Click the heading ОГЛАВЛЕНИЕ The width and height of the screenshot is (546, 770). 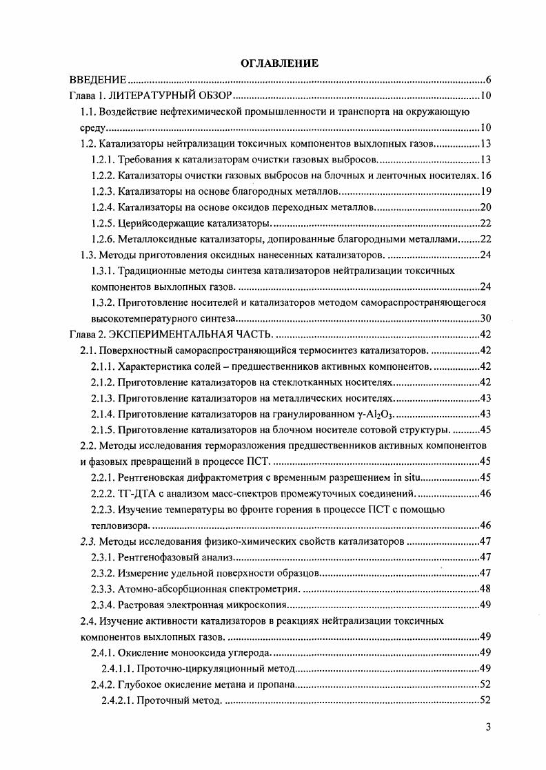coord(279,63)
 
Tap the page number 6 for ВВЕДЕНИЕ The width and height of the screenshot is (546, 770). coord(487,80)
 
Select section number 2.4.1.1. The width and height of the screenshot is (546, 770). coord(117,669)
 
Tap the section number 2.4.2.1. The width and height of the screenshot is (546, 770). coord(117,700)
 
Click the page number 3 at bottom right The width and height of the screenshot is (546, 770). coord(487,732)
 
